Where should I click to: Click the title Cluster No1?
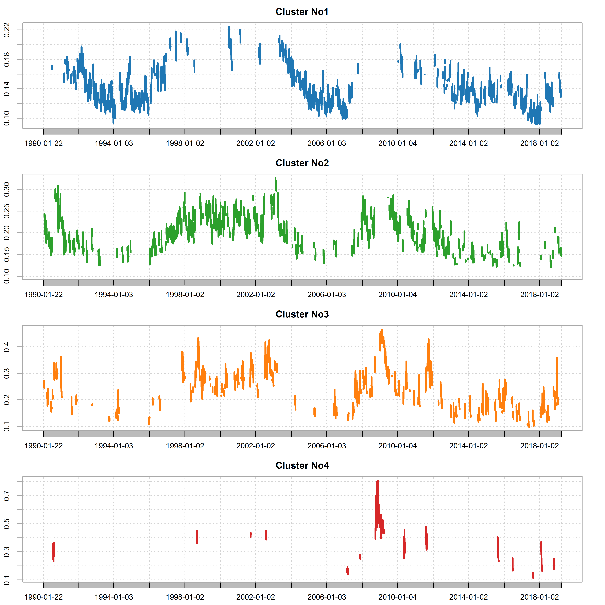(x=302, y=12)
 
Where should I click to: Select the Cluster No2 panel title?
(x=302, y=163)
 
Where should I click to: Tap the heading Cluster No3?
(x=302, y=314)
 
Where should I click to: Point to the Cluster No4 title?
(x=302, y=466)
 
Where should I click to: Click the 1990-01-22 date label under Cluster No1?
(x=44, y=143)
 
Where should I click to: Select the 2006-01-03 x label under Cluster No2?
(x=327, y=295)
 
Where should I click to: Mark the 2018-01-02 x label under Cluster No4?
(x=539, y=597)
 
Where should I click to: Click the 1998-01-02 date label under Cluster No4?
(x=185, y=597)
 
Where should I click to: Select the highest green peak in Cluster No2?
(x=276, y=178)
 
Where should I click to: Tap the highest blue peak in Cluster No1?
(x=229, y=27)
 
